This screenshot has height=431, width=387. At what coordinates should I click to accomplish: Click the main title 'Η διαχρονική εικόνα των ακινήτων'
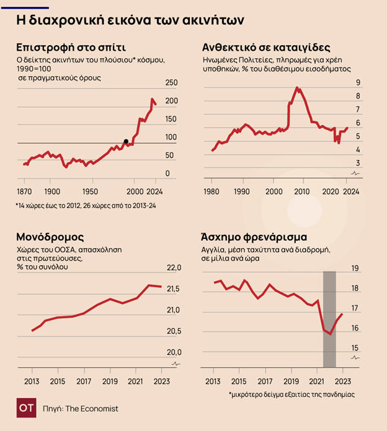(130, 20)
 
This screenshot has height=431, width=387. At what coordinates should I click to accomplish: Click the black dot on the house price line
(127, 141)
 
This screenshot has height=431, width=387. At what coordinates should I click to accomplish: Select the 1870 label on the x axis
(24, 191)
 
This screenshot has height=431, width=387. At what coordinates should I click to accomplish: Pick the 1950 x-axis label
(91, 191)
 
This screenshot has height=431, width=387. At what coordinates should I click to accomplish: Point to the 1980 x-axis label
(211, 191)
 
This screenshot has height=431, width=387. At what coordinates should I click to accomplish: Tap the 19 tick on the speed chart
(356, 268)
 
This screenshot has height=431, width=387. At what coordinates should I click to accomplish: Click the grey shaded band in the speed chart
(329, 319)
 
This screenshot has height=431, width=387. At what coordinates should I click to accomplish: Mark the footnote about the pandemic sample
(291, 394)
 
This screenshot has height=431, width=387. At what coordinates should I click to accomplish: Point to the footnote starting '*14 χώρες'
(86, 205)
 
